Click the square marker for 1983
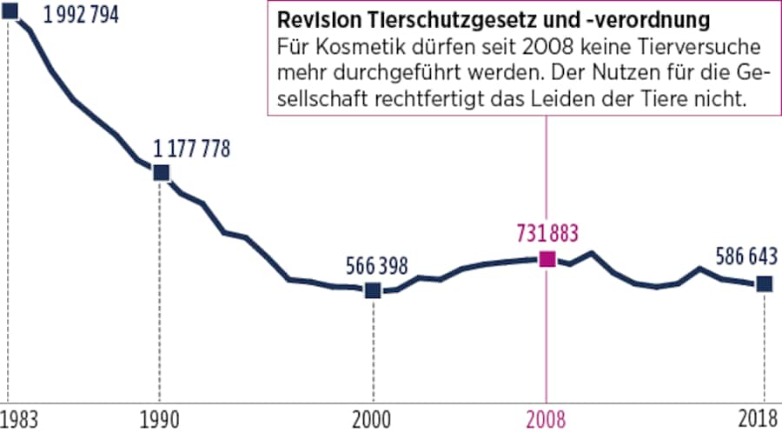pos(10,11)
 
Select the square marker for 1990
pos(161,172)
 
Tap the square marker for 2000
pos(373,290)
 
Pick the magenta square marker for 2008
pos(547,258)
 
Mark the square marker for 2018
pos(764,283)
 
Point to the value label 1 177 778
pos(192,149)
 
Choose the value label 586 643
pos(746,257)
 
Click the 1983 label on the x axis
pos(18,417)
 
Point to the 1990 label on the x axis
pos(161,417)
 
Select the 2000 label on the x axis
pos(373,417)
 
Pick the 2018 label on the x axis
pos(759,417)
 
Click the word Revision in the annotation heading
pos(308,20)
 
